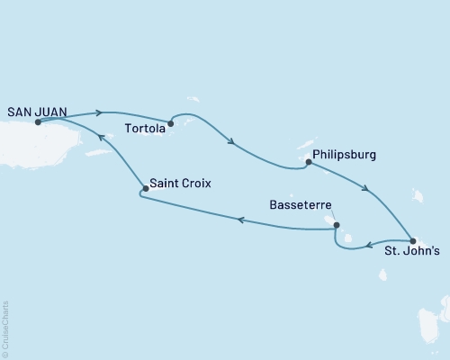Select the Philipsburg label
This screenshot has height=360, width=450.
coord(345,155)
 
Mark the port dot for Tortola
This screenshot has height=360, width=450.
coord(170,124)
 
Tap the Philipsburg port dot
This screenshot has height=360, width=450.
coord(308,163)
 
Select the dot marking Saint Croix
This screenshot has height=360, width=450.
coord(145,189)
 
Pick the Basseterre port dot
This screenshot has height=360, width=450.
coord(337,225)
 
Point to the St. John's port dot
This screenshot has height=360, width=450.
coord(412,240)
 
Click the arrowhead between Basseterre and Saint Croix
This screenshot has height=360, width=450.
coord(239,219)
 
